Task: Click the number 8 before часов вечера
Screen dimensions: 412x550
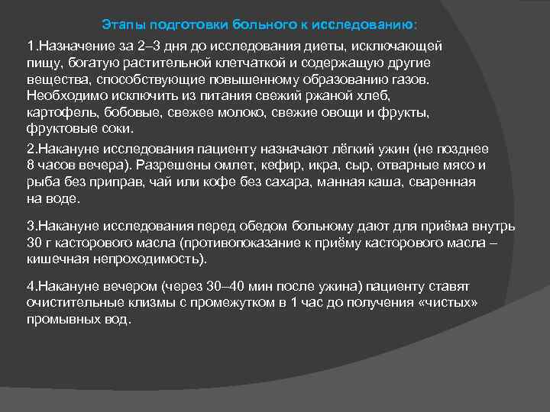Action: (30, 166)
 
